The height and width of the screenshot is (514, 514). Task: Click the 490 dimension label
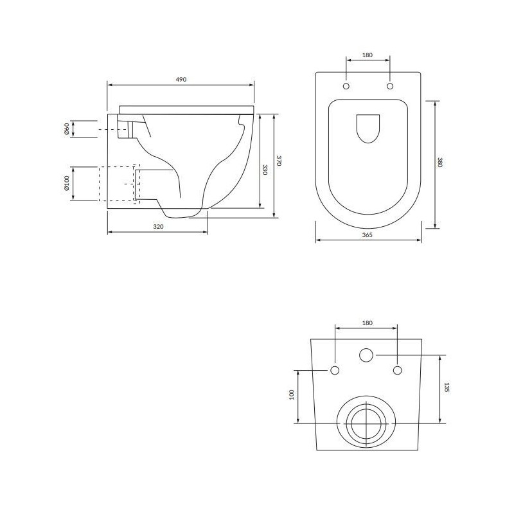[x=181, y=79]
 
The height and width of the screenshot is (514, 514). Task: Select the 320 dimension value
[x=158, y=227]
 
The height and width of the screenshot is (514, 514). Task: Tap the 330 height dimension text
[x=265, y=170]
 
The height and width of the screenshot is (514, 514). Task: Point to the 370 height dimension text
[x=279, y=161]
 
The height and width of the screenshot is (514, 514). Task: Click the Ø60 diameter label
[x=66, y=129]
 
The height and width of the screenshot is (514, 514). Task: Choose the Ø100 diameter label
[x=66, y=183]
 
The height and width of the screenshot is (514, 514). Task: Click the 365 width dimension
[x=368, y=235]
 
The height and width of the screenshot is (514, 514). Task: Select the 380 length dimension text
[x=440, y=163]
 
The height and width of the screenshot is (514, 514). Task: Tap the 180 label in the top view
[x=368, y=55]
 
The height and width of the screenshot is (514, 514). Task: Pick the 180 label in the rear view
[x=368, y=323]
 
